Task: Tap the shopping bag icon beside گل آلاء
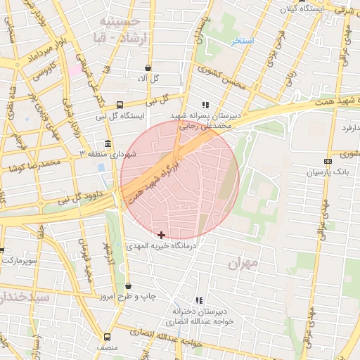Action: coord(148,68)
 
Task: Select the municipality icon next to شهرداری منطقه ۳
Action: coord(108,142)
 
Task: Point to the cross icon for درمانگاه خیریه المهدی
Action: coord(162,234)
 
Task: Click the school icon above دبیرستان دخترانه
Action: coord(199,300)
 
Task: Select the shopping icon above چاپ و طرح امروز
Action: coord(128,285)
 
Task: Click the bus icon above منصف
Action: coord(107,336)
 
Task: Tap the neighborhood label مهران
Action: coord(243,263)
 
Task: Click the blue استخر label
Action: coord(243,41)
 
